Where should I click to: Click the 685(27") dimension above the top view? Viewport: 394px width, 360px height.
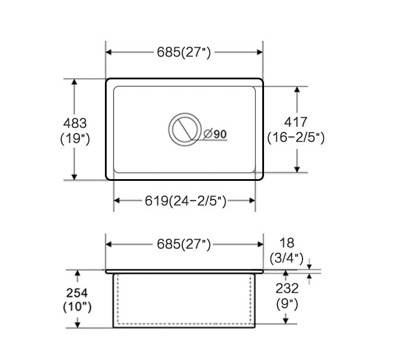(x=184, y=53)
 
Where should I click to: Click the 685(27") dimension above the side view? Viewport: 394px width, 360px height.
(x=184, y=244)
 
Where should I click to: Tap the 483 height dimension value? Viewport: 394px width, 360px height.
(x=74, y=123)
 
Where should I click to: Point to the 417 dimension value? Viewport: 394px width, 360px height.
(x=295, y=122)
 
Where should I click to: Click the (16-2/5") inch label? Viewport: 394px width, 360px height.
(x=295, y=138)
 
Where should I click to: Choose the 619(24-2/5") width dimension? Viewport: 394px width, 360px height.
(x=185, y=201)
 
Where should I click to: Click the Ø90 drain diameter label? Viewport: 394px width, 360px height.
(x=216, y=134)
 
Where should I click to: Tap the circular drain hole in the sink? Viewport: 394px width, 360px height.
(x=184, y=128)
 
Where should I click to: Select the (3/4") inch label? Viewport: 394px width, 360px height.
(x=286, y=257)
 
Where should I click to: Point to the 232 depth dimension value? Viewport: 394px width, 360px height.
(x=287, y=288)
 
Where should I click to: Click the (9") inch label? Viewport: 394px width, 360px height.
(x=287, y=303)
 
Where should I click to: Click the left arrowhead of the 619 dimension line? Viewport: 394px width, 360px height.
(x=116, y=201)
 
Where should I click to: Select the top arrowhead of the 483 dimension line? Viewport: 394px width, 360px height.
(x=74, y=82)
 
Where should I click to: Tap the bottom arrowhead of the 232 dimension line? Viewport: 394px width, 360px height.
(x=286, y=320)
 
